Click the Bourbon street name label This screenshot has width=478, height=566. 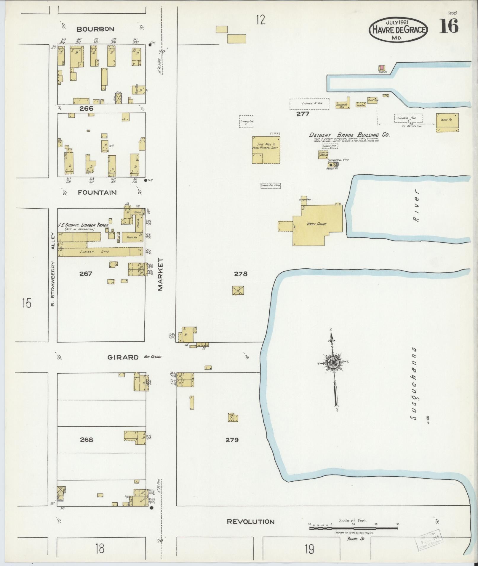point(95,29)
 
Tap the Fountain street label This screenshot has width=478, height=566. point(97,193)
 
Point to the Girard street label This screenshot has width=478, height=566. point(123,357)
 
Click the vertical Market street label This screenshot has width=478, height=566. point(161,274)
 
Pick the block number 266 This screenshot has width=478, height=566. point(86,109)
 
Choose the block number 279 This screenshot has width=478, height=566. point(232,440)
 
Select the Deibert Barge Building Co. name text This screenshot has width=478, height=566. point(349,135)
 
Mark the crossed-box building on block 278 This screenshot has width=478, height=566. point(238,290)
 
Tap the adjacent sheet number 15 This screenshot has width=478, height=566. point(26,303)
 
